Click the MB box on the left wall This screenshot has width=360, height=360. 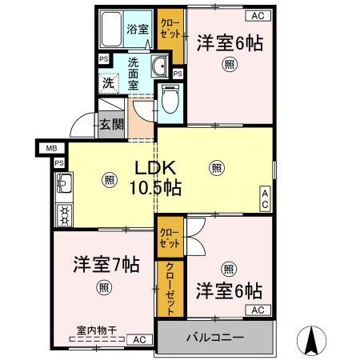pyautogui.click(x=51, y=148)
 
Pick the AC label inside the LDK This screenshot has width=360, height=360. pyautogui.click(x=265, y=199)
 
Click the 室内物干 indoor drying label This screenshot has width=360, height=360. pyautogui.click(x=96, y=329)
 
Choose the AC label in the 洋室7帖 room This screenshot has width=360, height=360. pyautogui.click(x=140, y=339)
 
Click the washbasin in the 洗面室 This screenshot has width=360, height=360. pyautogui.click(x=158, y=66)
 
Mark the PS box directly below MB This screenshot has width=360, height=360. pyautogui.click(x=59, y=162)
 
